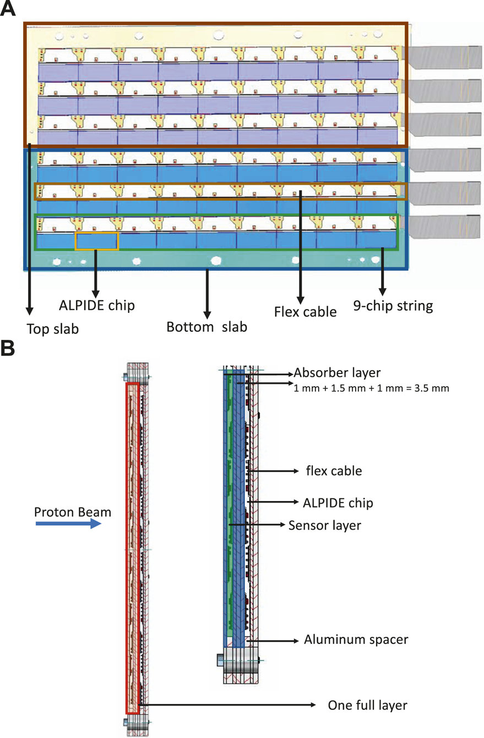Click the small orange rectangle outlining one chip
97,241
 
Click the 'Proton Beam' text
72,511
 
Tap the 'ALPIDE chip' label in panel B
336,502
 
